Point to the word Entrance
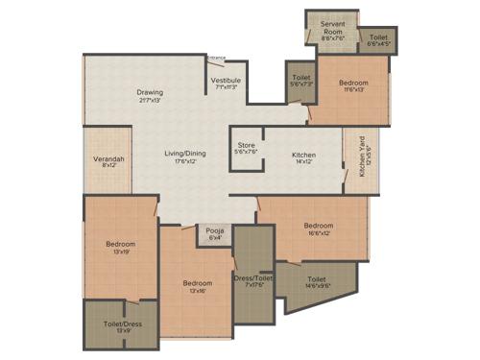pos(217,58)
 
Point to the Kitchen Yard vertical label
pos(363,156)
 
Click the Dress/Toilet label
pos(253,279)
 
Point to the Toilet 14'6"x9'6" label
pos(318,281)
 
